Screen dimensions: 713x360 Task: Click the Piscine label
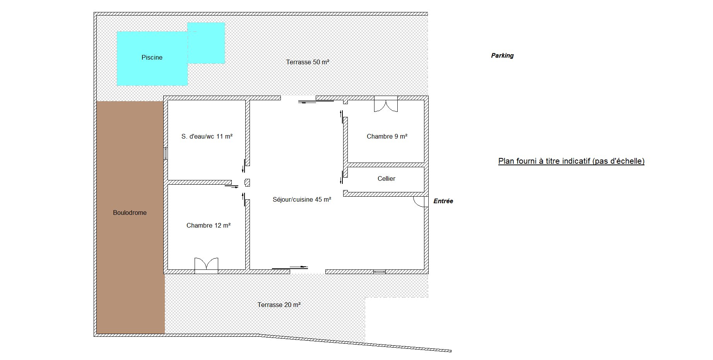pos(152,58)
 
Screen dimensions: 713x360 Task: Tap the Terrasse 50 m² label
pos(308,62)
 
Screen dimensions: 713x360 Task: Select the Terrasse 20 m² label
pos(279,305)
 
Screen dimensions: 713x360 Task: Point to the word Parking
pos(502,56)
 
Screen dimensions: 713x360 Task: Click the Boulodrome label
pos(130,213)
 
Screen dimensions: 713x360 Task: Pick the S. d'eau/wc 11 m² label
pos(207,137)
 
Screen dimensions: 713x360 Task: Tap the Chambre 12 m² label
pos(209,226)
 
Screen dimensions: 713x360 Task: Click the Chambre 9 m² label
pos(387,137)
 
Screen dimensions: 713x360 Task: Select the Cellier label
pos(386,179)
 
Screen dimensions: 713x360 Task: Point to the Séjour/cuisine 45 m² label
pos(302,200)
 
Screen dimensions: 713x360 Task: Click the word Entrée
pos(443,201)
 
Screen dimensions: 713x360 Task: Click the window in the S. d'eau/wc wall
pos(166,154)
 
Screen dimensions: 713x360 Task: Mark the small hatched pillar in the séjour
pos(247,183)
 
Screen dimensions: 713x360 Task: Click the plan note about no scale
pos(571,161)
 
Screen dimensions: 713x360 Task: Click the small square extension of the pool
pos(206,43)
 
